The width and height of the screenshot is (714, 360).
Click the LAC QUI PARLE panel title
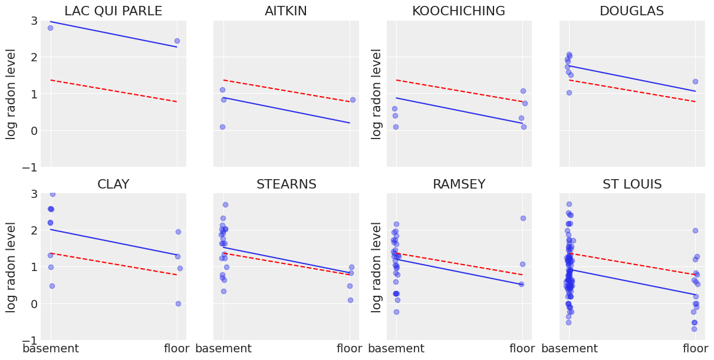point(113,11)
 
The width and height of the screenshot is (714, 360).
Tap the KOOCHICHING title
point(458,11)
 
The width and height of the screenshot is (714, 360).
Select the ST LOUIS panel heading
point(632,184)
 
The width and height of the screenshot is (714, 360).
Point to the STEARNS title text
point(286,184)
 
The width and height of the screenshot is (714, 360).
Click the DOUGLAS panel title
point(631,11)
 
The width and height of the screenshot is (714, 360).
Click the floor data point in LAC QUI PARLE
point(177,41)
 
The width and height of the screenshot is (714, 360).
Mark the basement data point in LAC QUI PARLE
point(50,28)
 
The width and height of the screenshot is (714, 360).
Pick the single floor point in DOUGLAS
point(695,81)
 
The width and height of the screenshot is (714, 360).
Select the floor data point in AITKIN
point(353,100)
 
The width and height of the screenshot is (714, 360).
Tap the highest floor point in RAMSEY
point(523,218)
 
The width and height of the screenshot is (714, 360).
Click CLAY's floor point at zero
point(178,303)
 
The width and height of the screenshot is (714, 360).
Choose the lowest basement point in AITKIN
point(222,127)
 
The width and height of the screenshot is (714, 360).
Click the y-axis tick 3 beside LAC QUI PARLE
point(34,21)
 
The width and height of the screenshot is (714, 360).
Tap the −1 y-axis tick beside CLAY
point(30,341)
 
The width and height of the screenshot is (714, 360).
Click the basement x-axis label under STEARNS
point(223,349)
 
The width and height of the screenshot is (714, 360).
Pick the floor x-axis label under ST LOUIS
point(695,349)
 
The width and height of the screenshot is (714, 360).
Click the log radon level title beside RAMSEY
point(377,267)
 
